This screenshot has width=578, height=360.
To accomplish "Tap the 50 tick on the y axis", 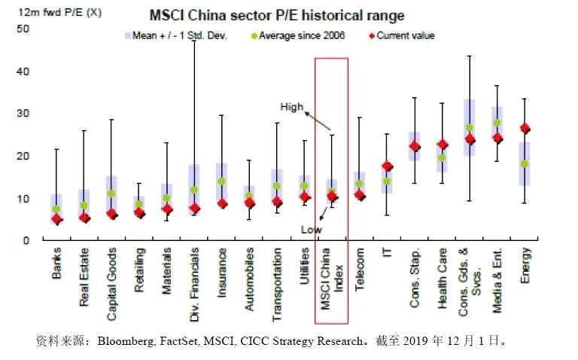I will (22, 29).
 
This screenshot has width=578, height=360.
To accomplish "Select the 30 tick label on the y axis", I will (22, 113).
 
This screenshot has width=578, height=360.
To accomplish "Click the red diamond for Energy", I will (525, 129).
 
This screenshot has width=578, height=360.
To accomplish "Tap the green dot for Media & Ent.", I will (497, 123).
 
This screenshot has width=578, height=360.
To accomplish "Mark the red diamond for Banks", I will (56, 220).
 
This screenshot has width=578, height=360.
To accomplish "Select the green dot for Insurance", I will (221, 182).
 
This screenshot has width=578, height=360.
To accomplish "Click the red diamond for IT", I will (387, 166).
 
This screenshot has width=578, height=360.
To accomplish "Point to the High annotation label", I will (292, 107).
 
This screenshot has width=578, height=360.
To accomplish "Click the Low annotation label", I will (312, 229).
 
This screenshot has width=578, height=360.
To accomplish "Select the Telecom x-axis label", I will (360, 270).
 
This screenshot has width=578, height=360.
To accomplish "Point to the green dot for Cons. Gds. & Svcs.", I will (470, 128).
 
